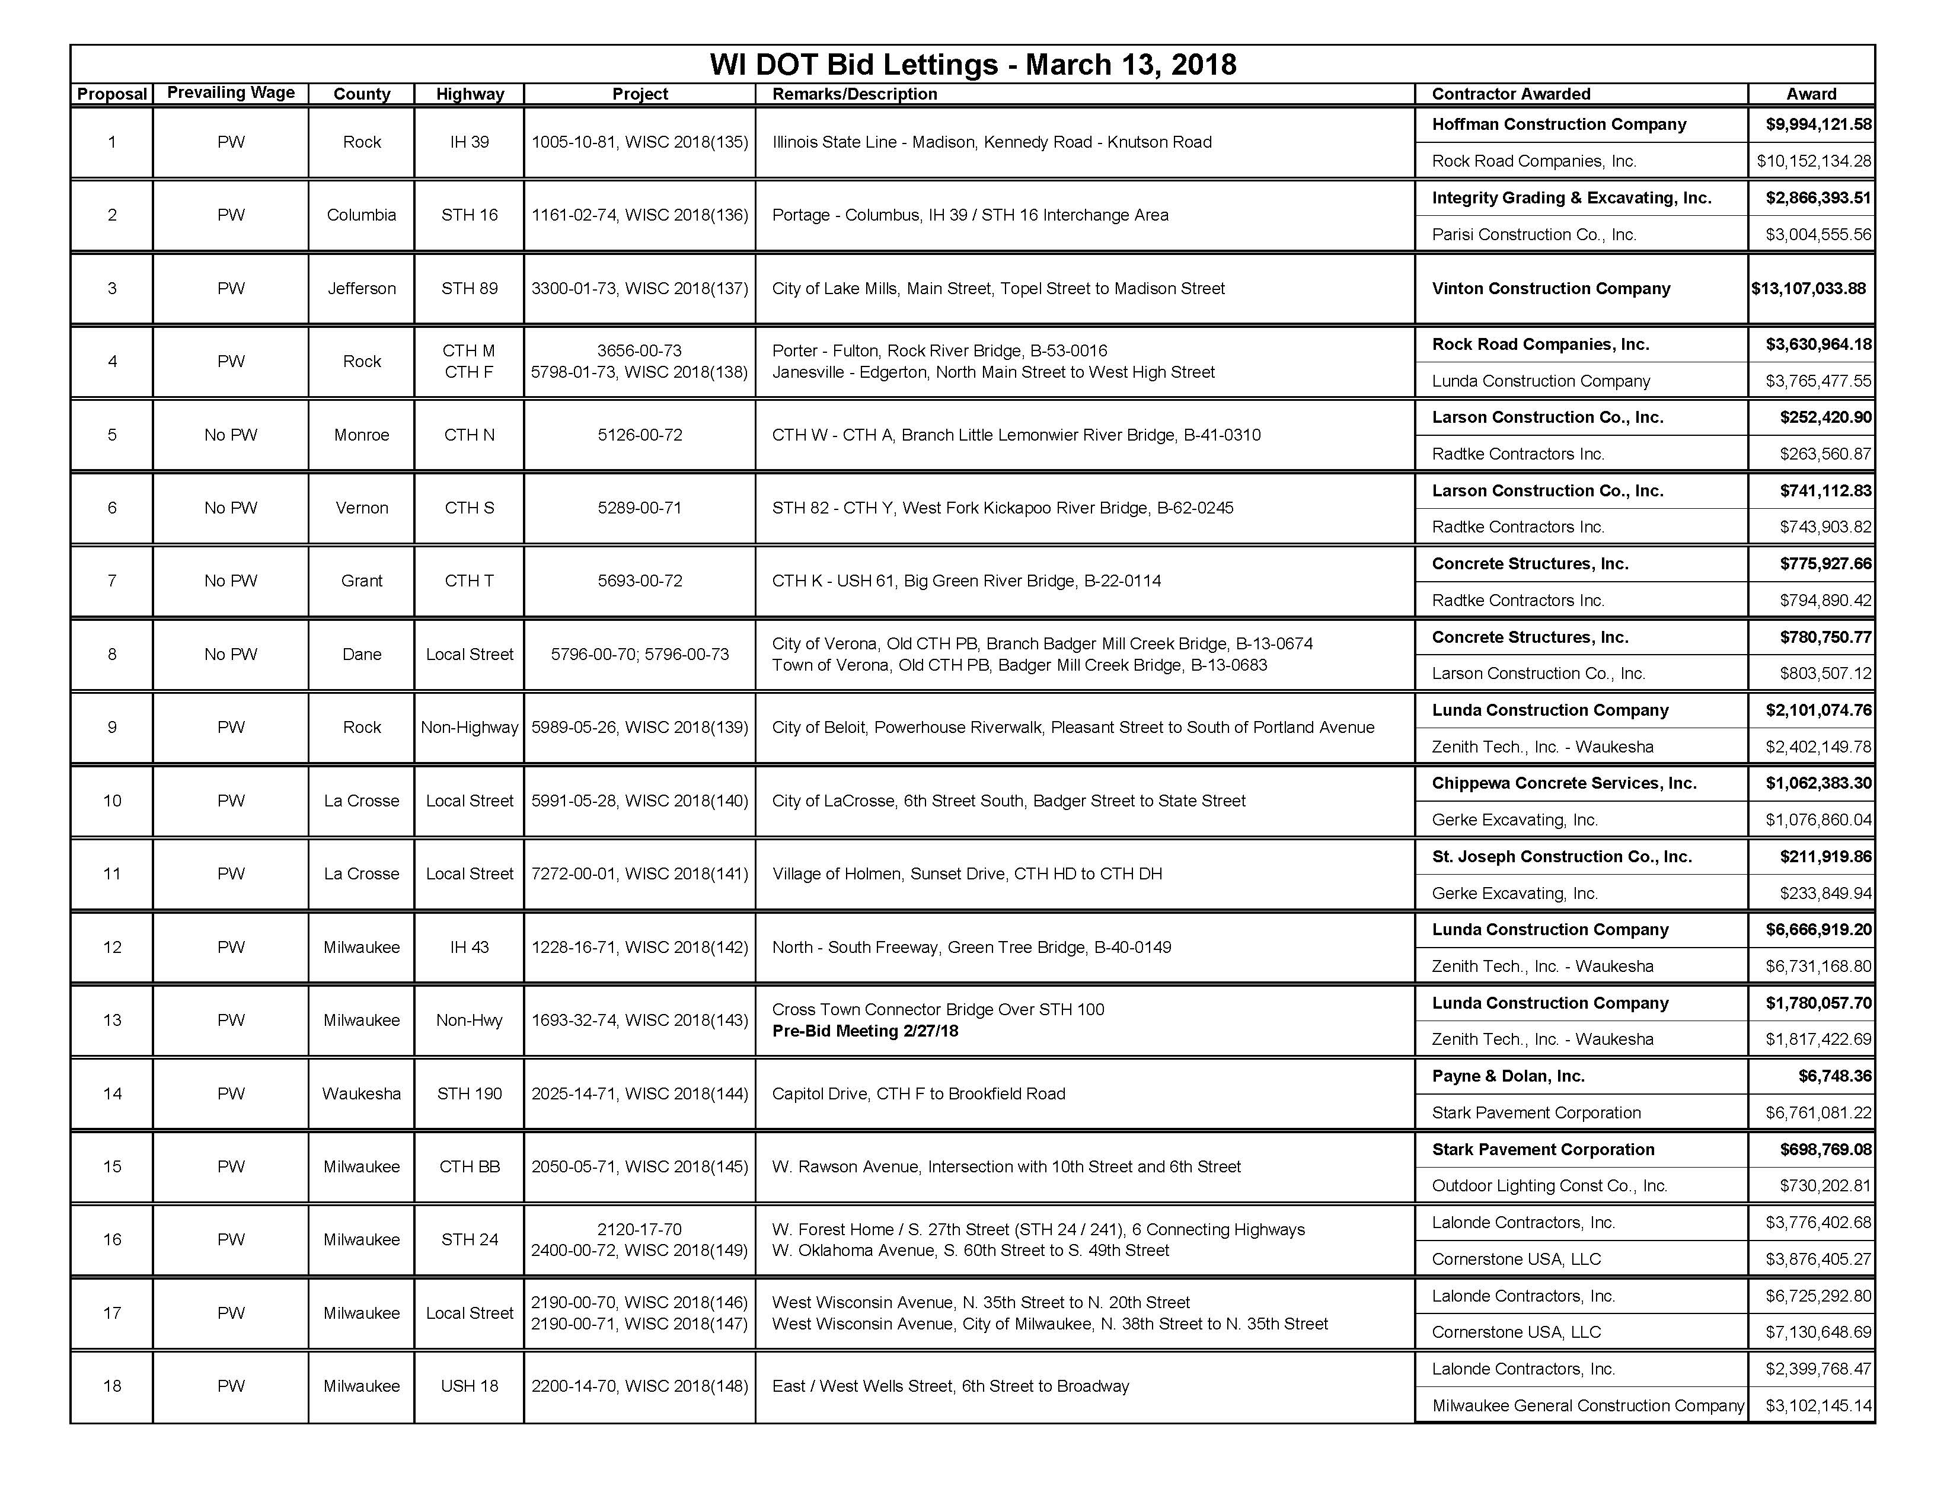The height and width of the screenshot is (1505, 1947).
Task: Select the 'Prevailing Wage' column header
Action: pos(231,93)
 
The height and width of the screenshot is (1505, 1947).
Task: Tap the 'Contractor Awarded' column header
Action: pos(1511,94)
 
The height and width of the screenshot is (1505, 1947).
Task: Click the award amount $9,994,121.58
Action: pos(1818,125)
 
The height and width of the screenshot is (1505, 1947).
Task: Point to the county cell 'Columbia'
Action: pos(361,215)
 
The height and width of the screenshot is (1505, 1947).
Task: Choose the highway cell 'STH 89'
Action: pos(469,288)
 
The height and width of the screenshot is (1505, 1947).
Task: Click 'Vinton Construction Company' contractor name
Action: pos(1550,288)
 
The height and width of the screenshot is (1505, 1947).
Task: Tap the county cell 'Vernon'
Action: pos(361,508)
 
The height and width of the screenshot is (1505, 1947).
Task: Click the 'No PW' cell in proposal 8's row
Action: pos(231,655)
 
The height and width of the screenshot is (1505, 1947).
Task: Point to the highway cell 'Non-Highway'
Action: pos(469,728)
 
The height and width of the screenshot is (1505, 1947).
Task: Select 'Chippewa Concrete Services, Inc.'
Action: pos(1563,783)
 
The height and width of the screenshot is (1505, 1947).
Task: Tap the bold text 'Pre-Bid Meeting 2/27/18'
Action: pos(865,1031)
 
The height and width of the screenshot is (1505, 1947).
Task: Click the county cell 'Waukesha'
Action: pos(361,1094)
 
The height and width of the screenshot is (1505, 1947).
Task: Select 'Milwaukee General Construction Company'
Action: pos(1588,1406)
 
